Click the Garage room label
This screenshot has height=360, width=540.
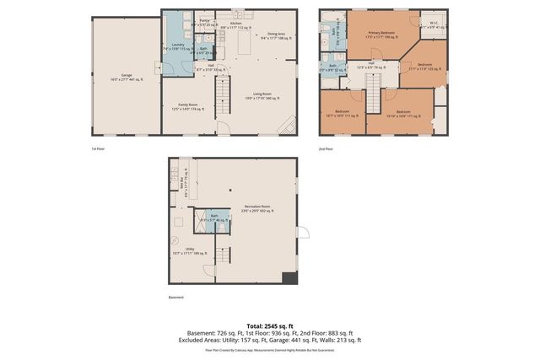(127, 76)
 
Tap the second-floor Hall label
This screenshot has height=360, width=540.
(370, 64)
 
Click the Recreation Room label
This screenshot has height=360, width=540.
(257, 207)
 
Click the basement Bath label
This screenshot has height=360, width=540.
(213, 218)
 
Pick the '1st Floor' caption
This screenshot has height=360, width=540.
(98, 148)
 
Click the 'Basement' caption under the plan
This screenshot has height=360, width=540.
(175, 297)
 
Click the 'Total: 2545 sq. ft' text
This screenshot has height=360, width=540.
(269, 325)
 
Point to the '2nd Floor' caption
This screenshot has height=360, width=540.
(326, 148)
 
